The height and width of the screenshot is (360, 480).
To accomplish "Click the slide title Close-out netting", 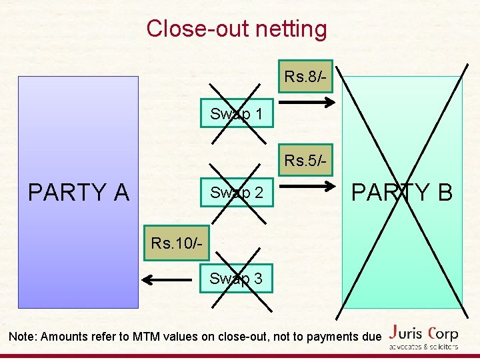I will tap(237, 29).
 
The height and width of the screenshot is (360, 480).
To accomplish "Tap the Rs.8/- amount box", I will tap(305, 77).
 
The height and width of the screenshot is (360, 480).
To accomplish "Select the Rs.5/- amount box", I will tap(305, 161).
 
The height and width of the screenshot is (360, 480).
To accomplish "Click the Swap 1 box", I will tap(236, 114).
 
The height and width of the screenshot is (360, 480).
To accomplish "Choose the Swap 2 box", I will tap(236, 193).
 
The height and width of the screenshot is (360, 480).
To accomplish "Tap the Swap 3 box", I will tap(236, 279).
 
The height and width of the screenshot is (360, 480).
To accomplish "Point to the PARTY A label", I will tap(78, 192).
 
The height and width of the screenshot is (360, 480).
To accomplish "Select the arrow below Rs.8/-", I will tap(305, 103).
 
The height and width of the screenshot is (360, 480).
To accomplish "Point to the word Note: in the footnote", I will tap(23, 337).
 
